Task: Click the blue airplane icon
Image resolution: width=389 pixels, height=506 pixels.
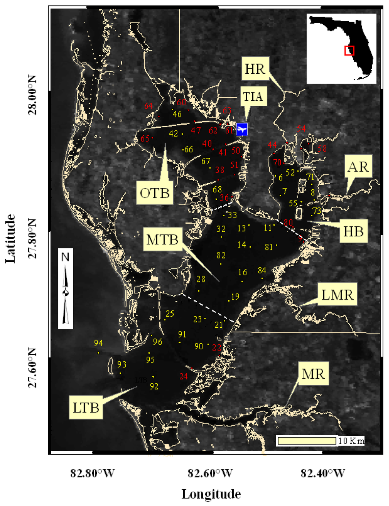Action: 242,129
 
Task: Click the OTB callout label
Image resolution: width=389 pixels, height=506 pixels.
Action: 154,193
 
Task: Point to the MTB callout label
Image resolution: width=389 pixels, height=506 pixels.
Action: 162,240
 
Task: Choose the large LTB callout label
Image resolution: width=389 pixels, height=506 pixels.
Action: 86,408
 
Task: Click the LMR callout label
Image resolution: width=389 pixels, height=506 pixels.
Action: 337,294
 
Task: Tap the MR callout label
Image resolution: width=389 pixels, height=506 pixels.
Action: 313,374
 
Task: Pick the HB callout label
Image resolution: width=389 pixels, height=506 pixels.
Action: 353,231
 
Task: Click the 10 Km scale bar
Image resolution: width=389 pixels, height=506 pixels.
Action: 307,441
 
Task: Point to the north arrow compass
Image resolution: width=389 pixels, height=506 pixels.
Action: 66,289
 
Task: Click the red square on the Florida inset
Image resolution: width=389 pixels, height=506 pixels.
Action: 349,51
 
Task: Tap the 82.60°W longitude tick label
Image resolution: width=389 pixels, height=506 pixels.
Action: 210,473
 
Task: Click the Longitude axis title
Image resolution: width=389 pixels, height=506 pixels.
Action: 211,494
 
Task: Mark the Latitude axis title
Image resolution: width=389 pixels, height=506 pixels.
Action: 11,238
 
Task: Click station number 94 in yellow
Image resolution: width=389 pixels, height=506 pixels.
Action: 98,343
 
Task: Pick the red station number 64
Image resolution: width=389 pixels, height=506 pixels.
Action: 148,106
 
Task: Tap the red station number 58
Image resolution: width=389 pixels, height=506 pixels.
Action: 322,148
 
